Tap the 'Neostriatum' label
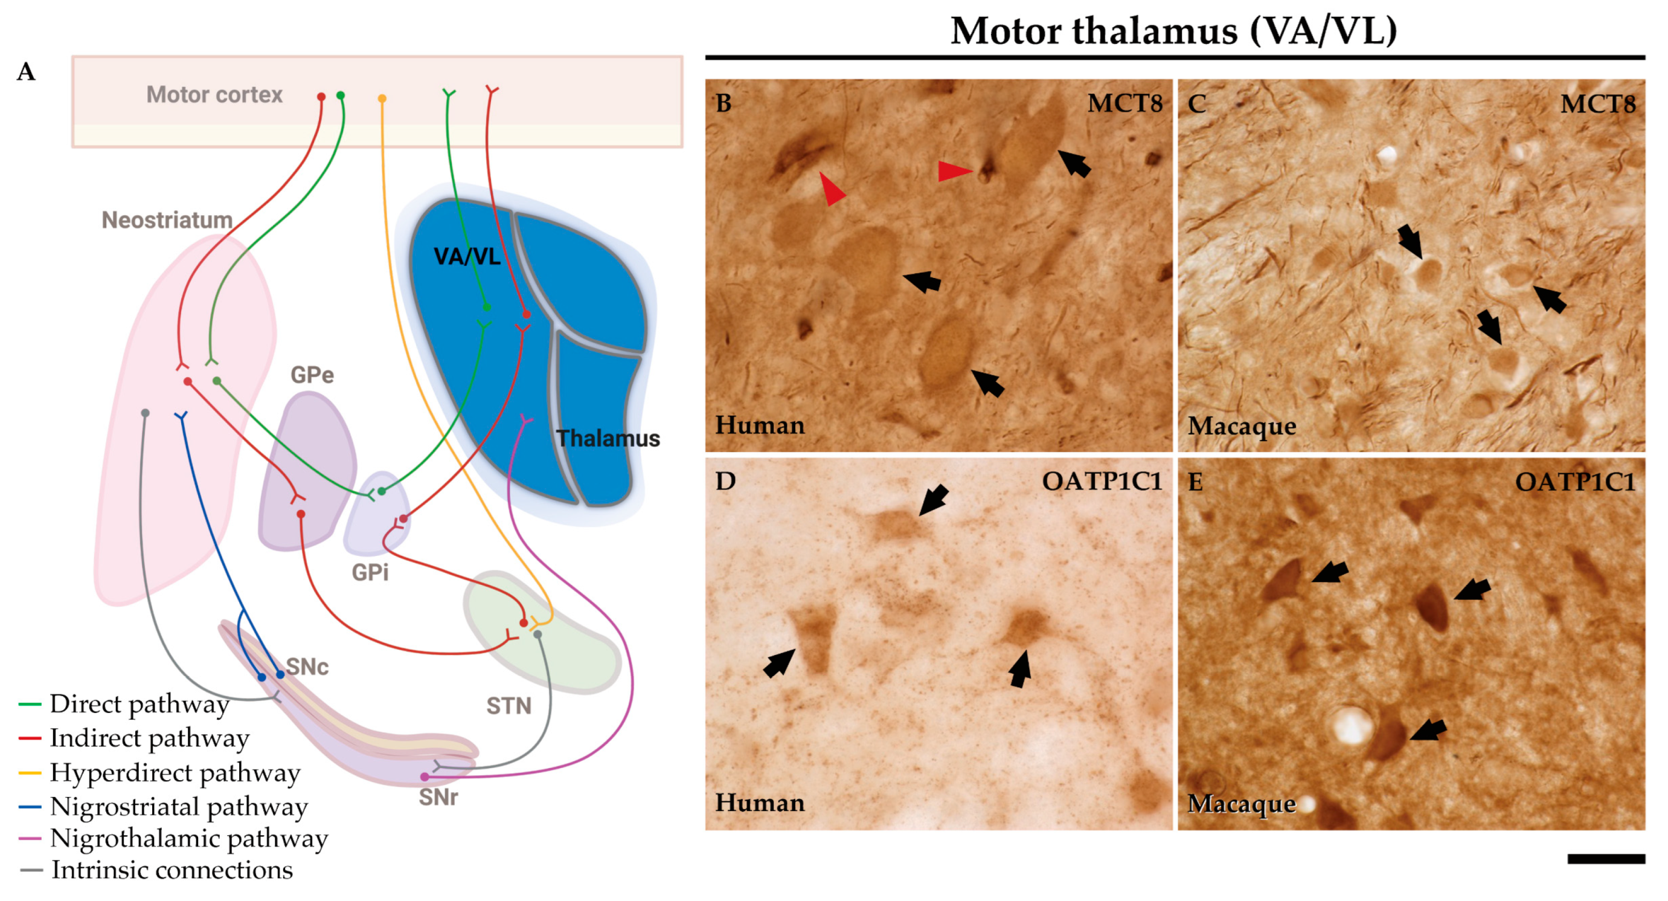coord(167,220)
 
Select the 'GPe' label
coord(312,375)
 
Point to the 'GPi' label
coord(370,573)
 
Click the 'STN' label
coord(509,705)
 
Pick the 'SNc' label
coord(307,667)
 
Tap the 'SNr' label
coord(438,797)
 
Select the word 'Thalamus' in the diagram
coord(608,439)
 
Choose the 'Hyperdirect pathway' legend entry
coord(175,772)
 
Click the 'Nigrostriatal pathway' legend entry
coord(179,807)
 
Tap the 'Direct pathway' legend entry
coord(140,703)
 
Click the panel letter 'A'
coord(26,71)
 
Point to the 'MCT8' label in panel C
coord(1597,104)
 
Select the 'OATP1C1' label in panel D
coord(1102,481)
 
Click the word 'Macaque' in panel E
coord(1241,804)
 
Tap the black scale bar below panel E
coord(1606,859)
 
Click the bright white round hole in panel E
coord(1352,725)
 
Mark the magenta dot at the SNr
coord(425,777)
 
